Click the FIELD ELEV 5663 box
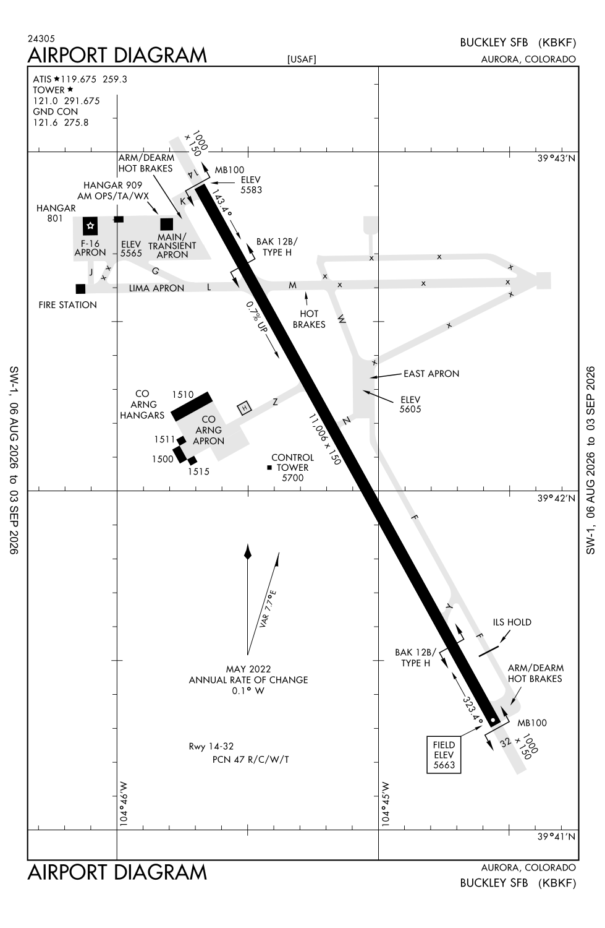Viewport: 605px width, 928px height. (x=444, y=754)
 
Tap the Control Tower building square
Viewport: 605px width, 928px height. (x=269, y=468)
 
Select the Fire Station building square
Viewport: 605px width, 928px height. (x=81, y=289)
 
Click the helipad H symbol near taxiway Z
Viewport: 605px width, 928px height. (x=245, y=408)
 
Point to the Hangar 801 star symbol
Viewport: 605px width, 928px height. (x=90, y=226)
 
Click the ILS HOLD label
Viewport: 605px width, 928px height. (x=512, y=622)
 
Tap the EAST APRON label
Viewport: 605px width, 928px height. (x=431, y=374)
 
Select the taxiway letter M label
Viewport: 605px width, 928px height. (x=292, y=285)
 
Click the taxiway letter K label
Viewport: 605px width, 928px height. (x=182, y=202)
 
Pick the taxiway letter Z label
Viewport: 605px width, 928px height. (x=275, y=402)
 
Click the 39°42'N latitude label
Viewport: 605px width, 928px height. (x=556, y=498)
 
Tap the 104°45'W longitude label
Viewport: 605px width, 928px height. (x=386, y=804)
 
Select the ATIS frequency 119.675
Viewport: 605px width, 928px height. (x=78, y=79)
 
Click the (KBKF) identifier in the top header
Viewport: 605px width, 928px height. (x=557, y=43)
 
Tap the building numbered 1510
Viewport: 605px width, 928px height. (x=192, y=406)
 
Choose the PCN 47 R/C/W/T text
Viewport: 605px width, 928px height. (x=250, y=759)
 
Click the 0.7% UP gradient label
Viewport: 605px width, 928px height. (x=257, y=317)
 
